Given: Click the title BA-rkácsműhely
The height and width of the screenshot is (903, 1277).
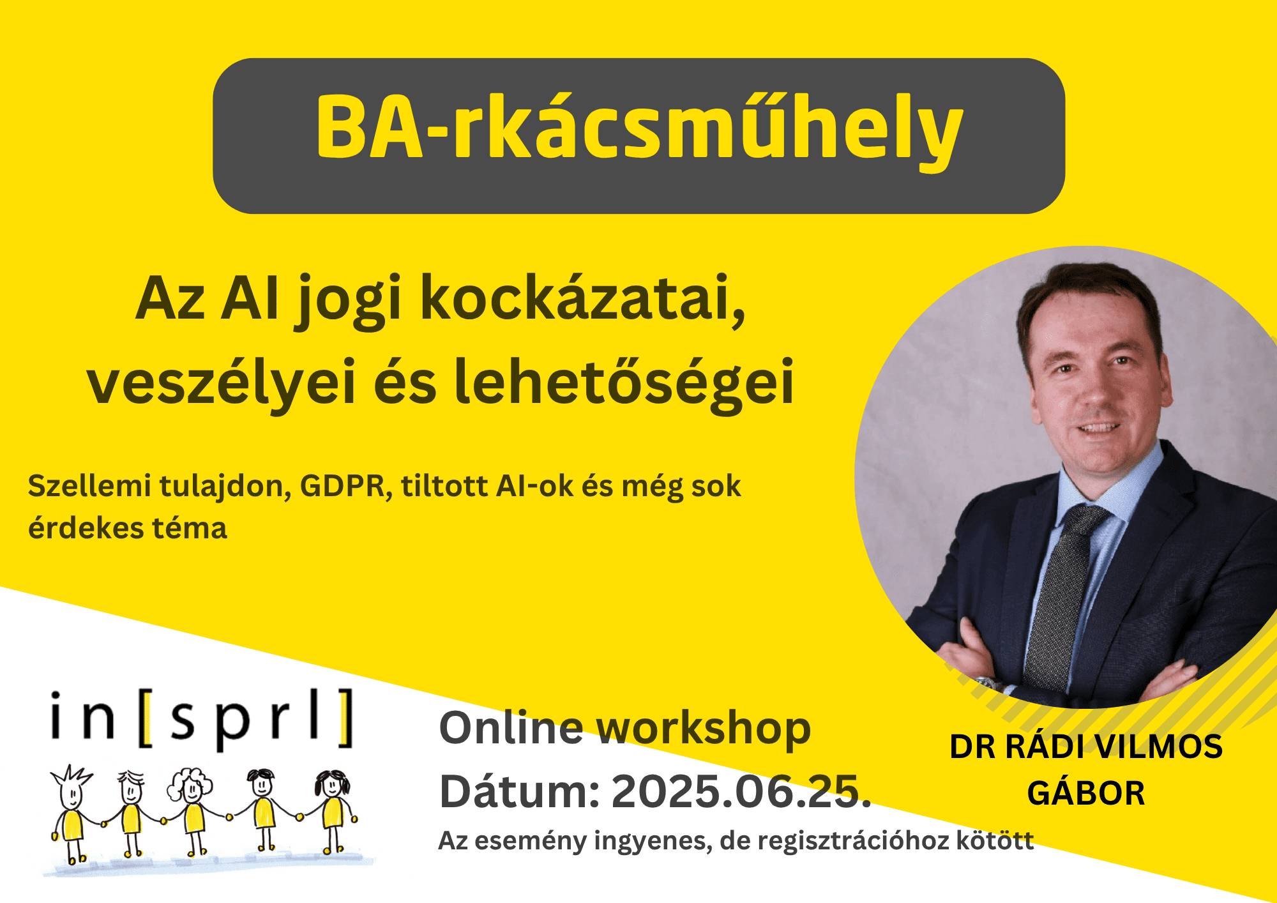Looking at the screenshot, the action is coord(639,128).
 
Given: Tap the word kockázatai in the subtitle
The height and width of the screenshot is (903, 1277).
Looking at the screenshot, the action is coord(583,299).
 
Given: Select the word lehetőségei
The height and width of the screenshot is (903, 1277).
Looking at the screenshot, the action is coord(624,382).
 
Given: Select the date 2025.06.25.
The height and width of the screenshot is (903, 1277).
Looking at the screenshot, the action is coord(741,792).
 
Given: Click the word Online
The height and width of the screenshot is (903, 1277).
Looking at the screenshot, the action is coord(511,728).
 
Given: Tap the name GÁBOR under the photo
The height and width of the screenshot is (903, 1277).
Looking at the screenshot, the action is coord(1086,793).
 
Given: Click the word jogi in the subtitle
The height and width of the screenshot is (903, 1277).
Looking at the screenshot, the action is coord(348,300).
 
